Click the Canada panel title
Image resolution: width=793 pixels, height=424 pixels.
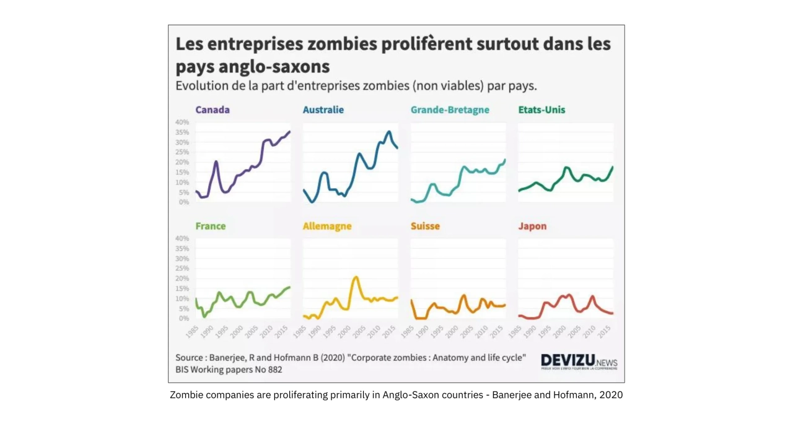tap(212, 110)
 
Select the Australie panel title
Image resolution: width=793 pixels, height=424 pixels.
tap(323, 110)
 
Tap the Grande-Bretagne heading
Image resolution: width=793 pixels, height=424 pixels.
tap(450, 110)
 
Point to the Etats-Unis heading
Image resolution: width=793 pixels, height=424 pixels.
tap(541, 110)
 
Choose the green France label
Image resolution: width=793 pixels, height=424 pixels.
tap(211, 227)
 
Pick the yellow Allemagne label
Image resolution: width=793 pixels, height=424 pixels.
tap(327, 227)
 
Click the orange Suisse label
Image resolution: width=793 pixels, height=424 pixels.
tap(425, 227)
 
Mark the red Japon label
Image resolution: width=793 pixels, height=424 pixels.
tap(532, 227)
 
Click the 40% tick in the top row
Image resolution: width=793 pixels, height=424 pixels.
tap(182, 123)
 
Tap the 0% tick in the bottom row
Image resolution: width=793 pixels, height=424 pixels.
tap(183, 319)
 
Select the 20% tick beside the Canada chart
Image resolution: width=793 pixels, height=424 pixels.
tap(182, 162)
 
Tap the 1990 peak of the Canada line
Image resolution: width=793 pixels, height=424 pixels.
tap(216, 162)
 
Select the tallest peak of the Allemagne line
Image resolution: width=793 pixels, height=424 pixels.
tap(356, 277)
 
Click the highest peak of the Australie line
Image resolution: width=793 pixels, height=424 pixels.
tap(388, 132)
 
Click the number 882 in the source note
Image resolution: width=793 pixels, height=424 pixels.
tap(273, 370)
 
